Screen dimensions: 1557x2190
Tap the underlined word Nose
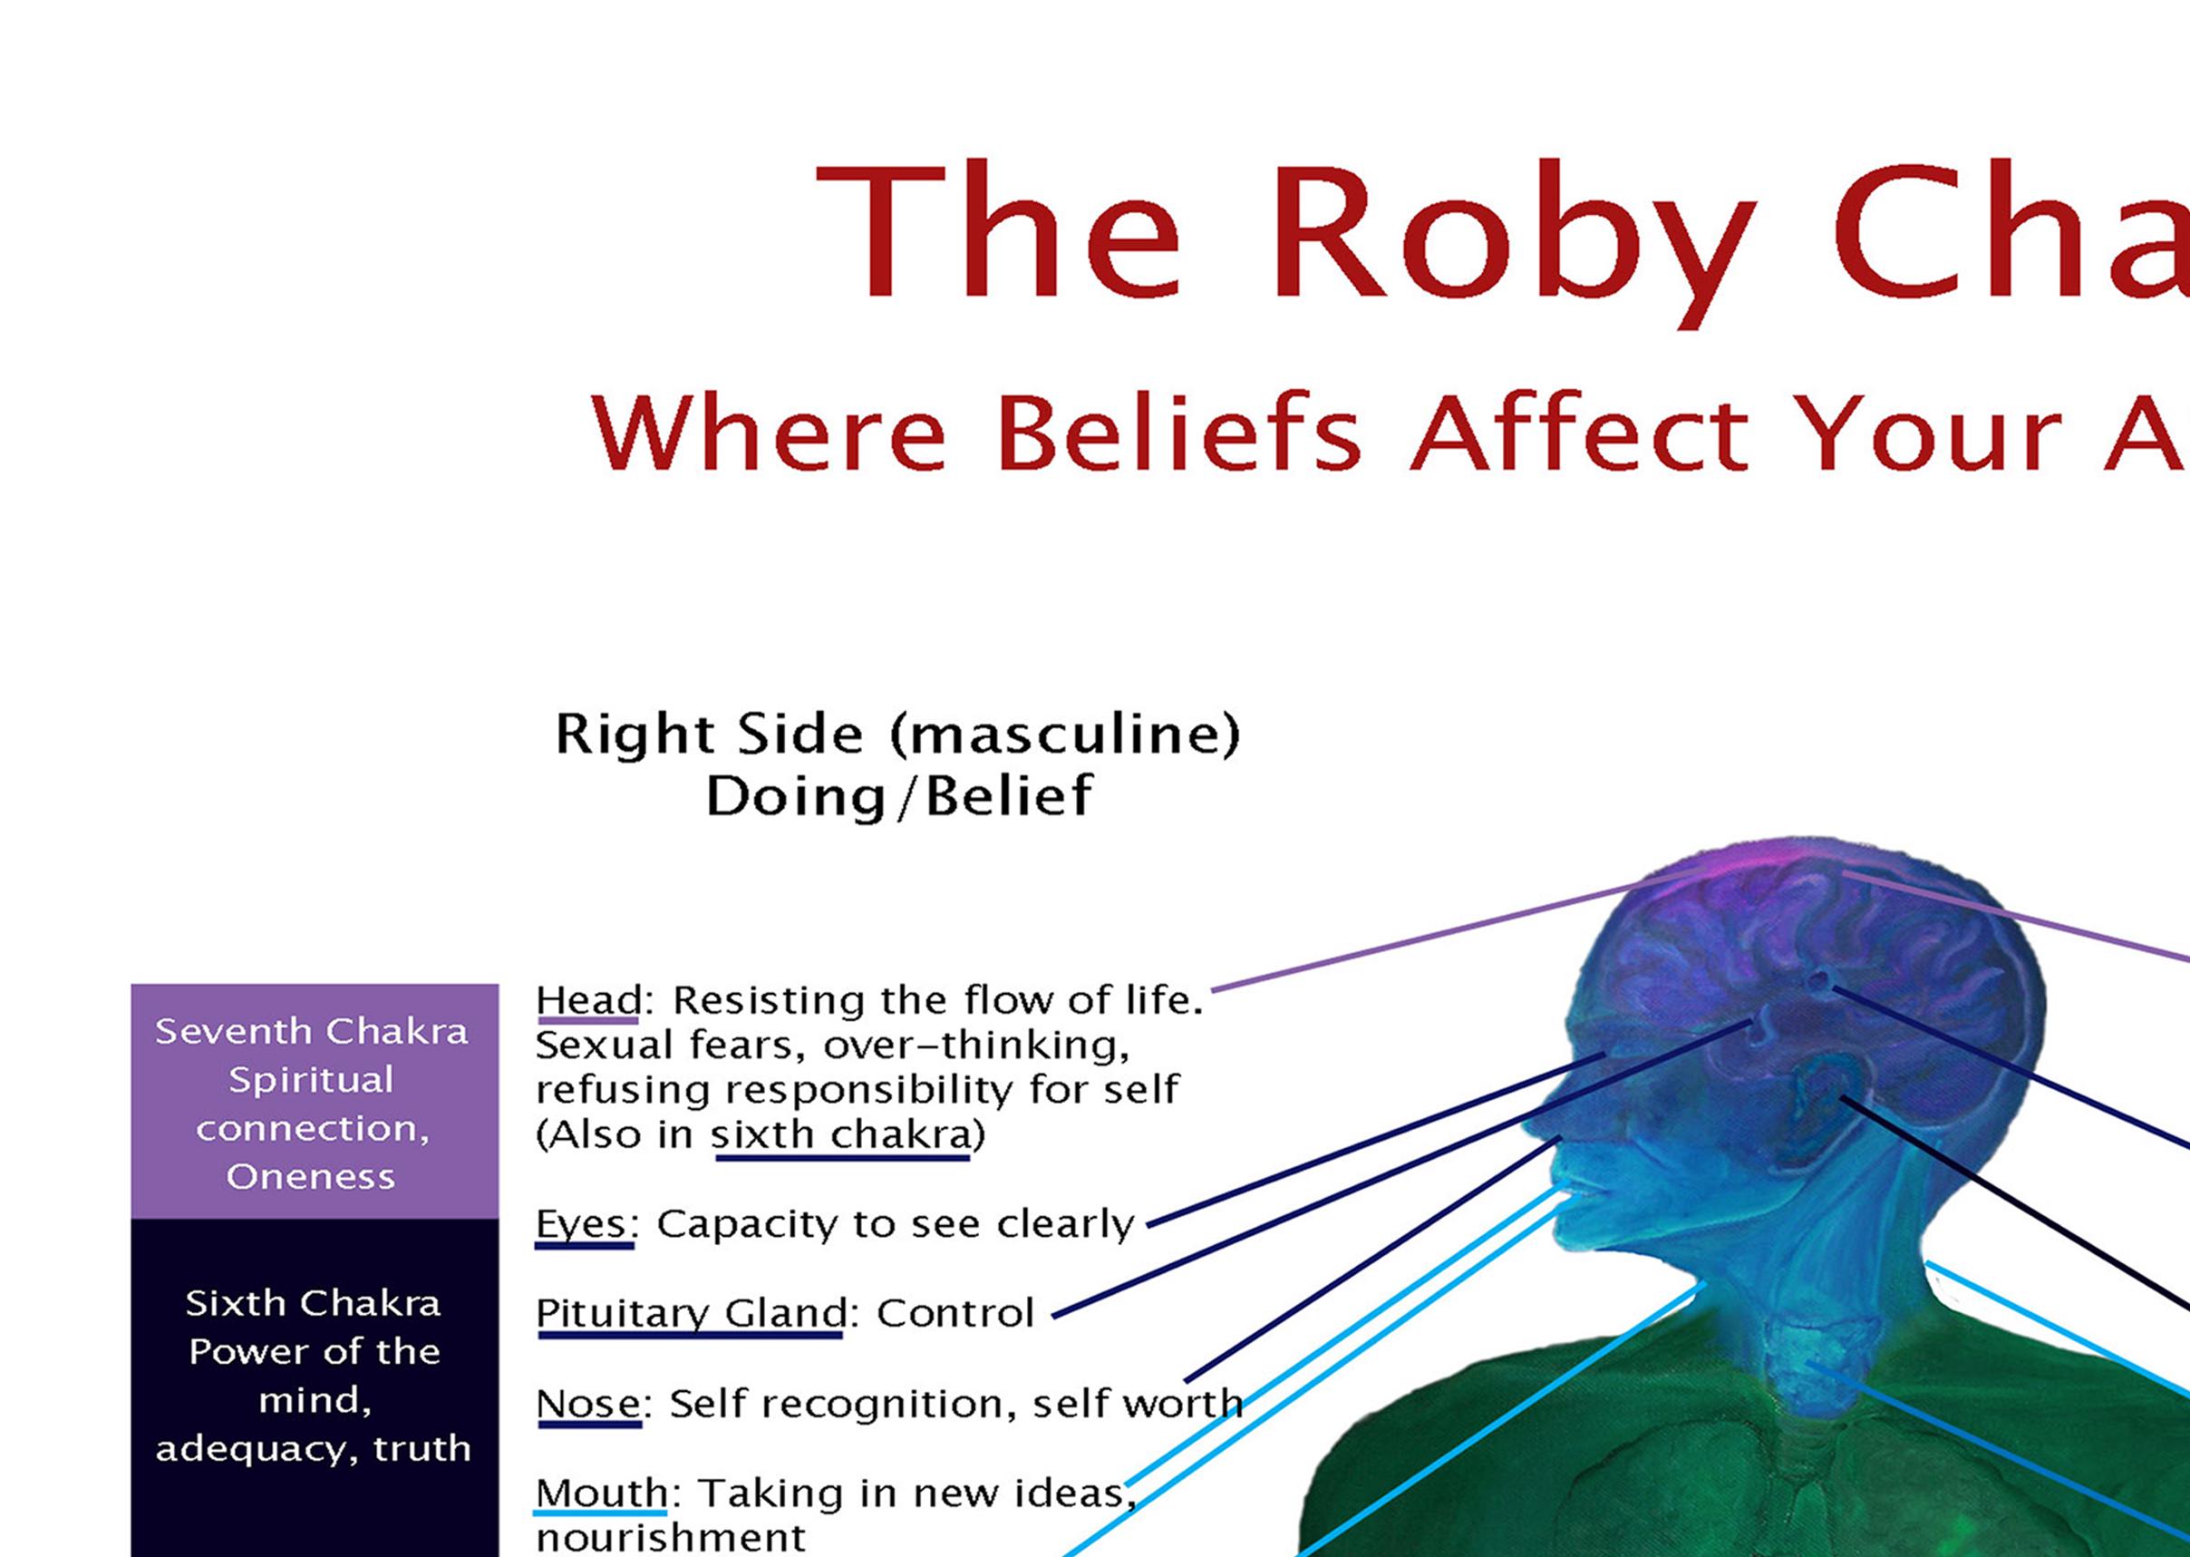pyautogui.click(x=588, y=1405)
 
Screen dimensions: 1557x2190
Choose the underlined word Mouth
pyautogui.click(x=601, y=1494)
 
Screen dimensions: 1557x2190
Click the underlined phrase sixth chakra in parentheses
pyautogui.click(x=841, y=1136)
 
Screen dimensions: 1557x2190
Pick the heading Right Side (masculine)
pyautogui.click(x=898, y=735)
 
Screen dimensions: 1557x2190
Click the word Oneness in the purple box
pyautogui.click(x=311, y=1177)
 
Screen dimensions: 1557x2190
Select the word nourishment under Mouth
pyautogui.click(x=671, y=1538)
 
